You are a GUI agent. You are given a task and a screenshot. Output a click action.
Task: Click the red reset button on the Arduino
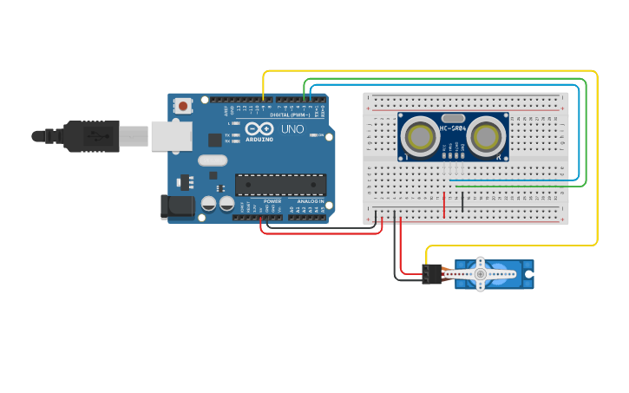tap(183, 106)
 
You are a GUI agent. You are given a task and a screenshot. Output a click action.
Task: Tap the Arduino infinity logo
tap(253, 130)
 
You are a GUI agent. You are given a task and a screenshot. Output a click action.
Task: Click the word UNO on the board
tap(287, 129)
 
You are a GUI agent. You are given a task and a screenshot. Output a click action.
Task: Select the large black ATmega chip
tap(280, 184)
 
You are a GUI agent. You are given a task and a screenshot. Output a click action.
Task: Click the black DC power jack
tap(177, 206)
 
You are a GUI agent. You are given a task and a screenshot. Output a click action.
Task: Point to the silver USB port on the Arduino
tap(172, 135)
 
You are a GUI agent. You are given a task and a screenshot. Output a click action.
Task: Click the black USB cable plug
tap(91, 136)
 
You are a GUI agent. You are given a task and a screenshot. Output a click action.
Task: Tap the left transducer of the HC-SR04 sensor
tap(421, 136)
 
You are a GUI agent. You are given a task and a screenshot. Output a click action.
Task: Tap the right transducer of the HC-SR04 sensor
tap(486, 136)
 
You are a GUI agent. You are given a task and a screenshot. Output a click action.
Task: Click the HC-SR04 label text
tap(453, 128)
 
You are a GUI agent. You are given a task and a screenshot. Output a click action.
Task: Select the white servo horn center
tap(480, 274)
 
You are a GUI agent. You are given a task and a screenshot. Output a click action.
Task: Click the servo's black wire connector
tap(431, 275)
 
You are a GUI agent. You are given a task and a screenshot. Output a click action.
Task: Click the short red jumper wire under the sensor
tap(444, 205)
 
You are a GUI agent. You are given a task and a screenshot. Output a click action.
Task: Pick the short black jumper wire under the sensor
tap(462, 201)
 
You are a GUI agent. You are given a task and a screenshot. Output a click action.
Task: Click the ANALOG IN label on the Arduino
tap(310, 201)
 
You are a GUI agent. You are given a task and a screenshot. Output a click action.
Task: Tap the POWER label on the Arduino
tap(272, 201)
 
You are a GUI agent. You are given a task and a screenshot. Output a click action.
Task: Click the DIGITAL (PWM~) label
tap(290, 115)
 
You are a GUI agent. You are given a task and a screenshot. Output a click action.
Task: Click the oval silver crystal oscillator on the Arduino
tap(212, 160)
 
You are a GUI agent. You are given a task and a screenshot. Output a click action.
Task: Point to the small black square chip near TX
tap(214, 139)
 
